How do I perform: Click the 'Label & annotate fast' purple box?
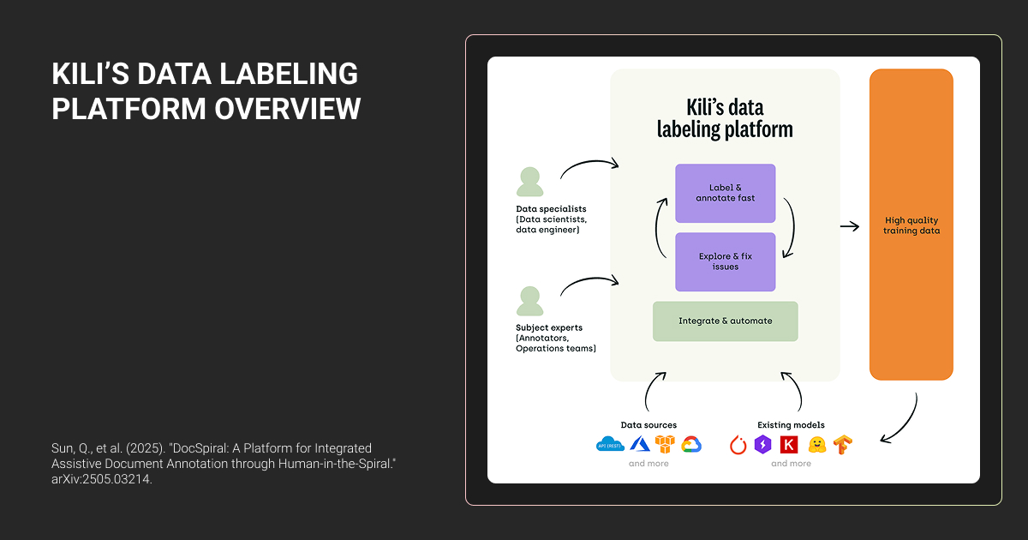[725, 193]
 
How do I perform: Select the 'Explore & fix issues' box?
[725, 261]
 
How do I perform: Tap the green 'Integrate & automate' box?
[725, 321]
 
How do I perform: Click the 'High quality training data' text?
[911, 225]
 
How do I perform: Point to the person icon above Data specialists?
[529, 182]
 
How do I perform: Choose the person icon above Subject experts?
[529, 301]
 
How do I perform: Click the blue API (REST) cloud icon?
[611, 444]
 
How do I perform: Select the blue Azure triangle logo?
[640, 444]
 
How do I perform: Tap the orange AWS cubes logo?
[665, 444]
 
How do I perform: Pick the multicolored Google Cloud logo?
[691, 444]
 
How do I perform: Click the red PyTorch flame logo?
[738, 445]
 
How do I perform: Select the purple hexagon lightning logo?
[762, 445]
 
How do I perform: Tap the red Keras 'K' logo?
[789, 445]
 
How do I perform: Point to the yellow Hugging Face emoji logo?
[817, 445]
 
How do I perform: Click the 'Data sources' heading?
[648, 425]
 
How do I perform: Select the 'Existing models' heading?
[791, 425]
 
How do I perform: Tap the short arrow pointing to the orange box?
[849, 226]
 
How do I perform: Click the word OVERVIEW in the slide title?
[287, 110]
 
